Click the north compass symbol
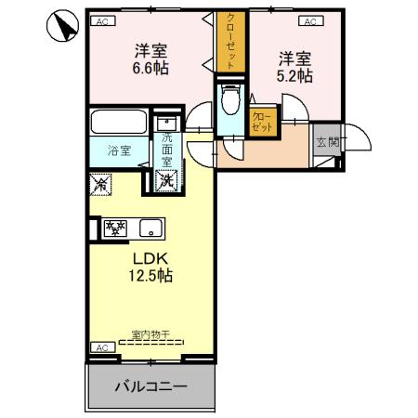pos(61,28)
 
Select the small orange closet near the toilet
pos(263,122)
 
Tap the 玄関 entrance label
pos(327,142)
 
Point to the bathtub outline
pos(117,124)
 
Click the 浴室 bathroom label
pos(117,150)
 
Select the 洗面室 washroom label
pos(167,150)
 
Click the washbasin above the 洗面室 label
pos(166,123)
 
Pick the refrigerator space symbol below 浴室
pos(101,184)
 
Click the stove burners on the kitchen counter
pos(115,228)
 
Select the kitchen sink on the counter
pos(149,228)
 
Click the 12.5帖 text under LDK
pos(150,275)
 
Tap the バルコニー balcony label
pos(151,385)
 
